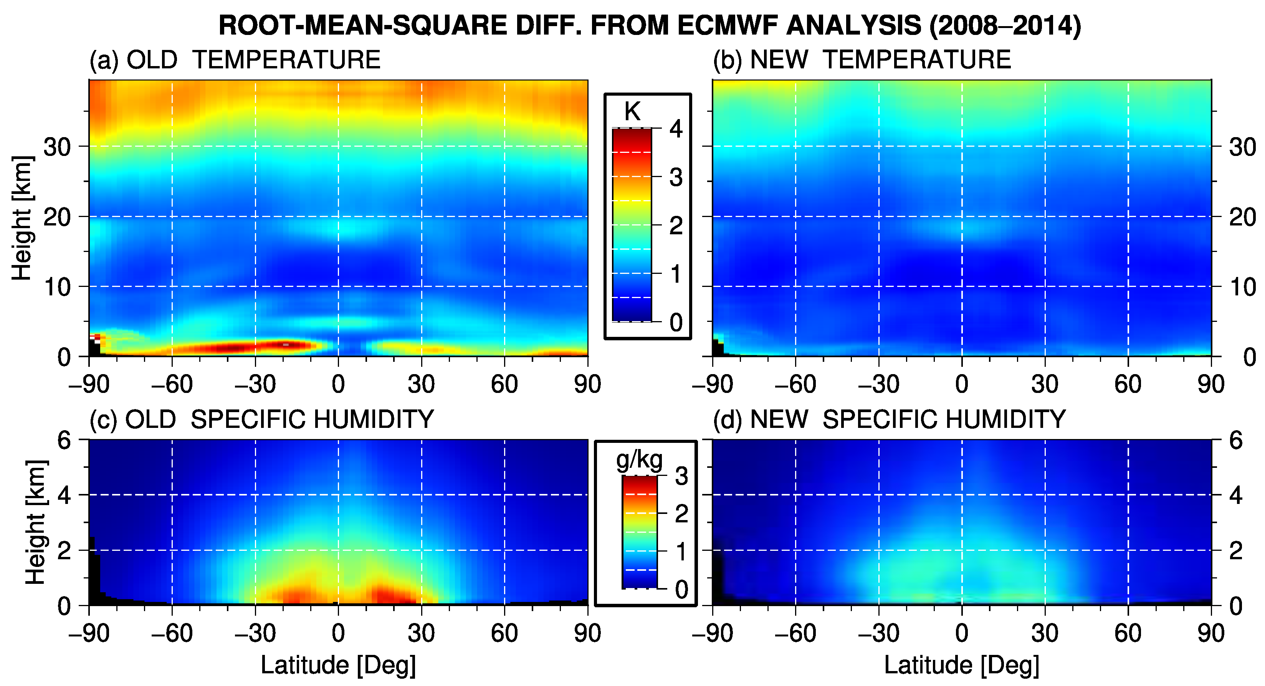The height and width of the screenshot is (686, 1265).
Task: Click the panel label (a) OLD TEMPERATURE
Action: (x=235, y=60)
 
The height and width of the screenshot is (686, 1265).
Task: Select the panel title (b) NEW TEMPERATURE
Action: (x=862, y=60)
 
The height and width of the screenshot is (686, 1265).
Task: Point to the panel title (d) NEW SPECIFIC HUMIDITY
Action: (x=889, y=420)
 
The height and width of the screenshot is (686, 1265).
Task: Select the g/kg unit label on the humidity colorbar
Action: (x=639, y=459)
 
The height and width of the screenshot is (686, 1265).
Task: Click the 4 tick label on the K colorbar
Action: (x=676, y=129)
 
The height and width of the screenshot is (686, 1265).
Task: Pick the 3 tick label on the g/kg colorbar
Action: (x=681, y=476)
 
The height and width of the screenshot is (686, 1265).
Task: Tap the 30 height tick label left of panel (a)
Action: (x=58, y=146)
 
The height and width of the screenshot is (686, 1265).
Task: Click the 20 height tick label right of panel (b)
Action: (x=1242, y=217)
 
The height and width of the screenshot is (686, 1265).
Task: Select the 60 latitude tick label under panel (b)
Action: (x=1128, y=384)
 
